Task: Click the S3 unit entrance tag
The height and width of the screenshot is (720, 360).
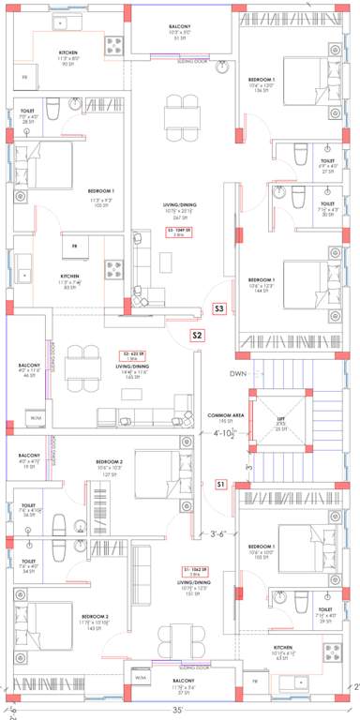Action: click(x=219, y=307)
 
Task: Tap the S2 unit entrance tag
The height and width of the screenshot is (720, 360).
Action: click(x=198, y=335)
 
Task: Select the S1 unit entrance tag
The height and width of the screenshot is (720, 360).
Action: click(x=220, y=484)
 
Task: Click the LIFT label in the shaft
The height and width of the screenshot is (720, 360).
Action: click(x=279, y=419)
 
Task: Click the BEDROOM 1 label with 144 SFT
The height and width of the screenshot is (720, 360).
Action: click(x=261, y=281)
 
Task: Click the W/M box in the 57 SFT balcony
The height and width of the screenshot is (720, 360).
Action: click(x=141, y=677)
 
